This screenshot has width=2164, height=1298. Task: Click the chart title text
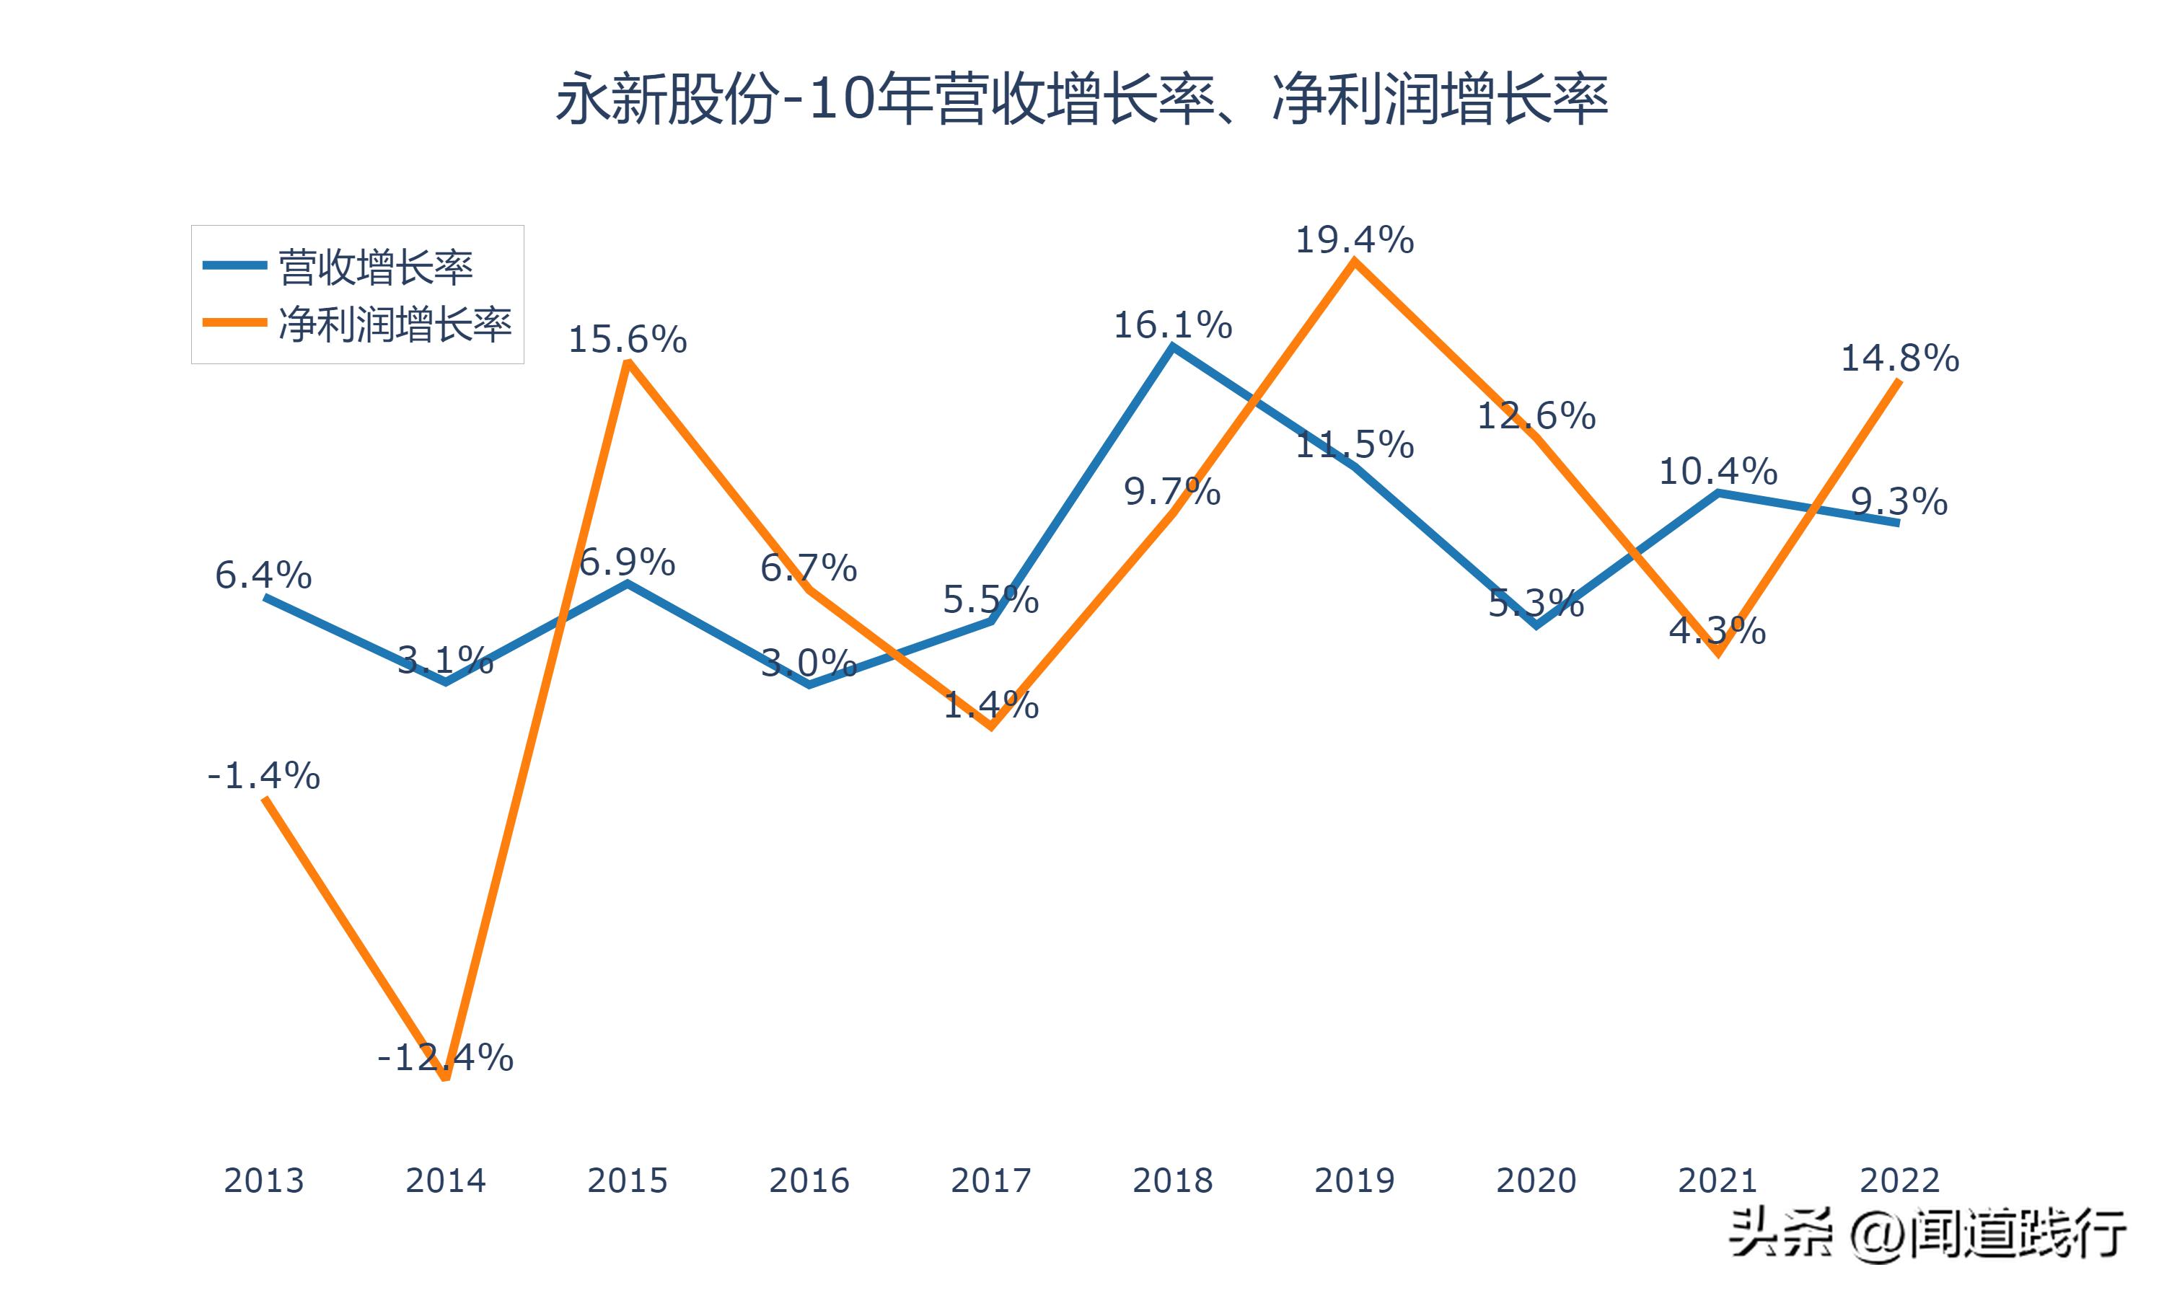1081,99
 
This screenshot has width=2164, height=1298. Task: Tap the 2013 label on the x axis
263,1180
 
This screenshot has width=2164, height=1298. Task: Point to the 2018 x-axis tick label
1172,1180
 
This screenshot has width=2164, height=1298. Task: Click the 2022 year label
1899,1180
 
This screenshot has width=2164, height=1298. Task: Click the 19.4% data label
1354,239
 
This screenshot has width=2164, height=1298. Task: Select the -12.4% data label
445,1057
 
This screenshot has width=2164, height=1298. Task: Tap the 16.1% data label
1172,325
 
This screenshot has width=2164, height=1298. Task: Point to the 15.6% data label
627,340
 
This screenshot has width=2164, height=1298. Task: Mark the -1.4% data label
263,775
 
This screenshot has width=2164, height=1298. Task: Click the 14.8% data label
1899,358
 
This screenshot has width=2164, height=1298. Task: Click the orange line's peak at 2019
1354,262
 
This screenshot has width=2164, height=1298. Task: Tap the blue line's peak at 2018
1172,348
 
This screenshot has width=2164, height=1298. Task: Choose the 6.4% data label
263,575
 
